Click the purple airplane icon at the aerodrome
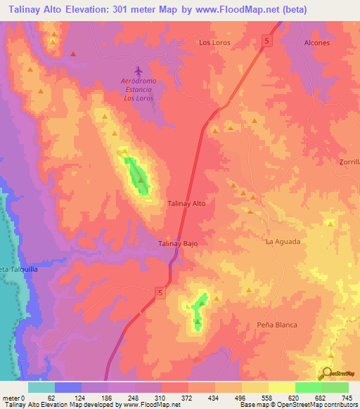point(139,72)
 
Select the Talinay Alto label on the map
point(186,203)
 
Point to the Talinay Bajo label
point(177,243)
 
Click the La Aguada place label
point(283,241)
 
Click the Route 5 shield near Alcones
point(266,41)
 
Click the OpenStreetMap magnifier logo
point(326,375)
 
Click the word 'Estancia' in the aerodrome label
point(139,89)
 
